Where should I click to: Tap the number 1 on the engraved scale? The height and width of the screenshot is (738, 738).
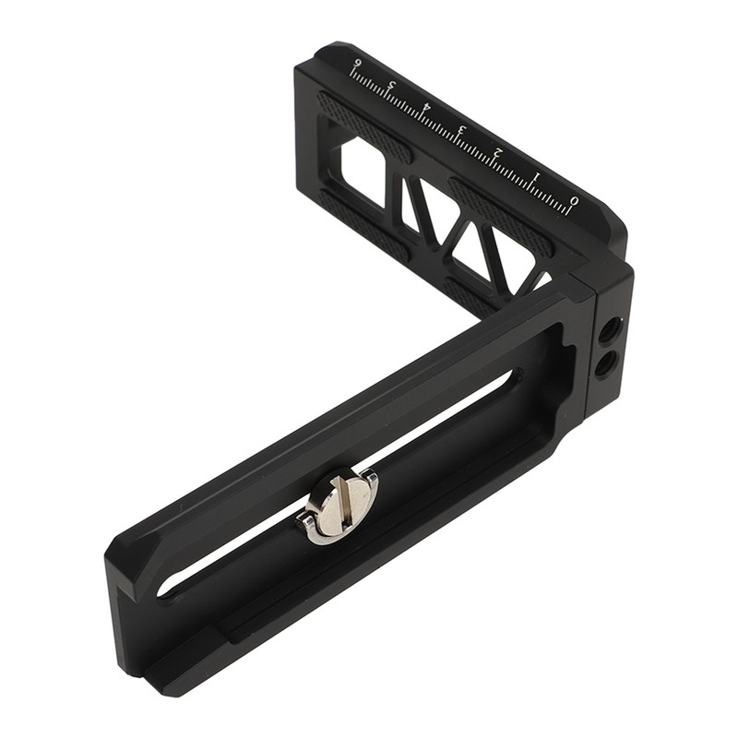tap(536, 175)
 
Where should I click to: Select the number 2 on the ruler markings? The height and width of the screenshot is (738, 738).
tap(498, 152)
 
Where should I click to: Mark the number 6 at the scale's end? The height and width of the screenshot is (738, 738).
tap(356, 65)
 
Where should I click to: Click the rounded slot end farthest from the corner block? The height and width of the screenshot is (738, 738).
tap(167, 585)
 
